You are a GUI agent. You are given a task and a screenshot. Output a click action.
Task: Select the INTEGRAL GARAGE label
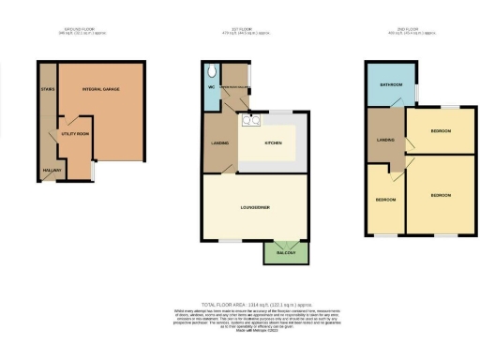click(x=103, y=88)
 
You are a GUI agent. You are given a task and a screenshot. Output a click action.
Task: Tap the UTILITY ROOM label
click(x=74, y=135)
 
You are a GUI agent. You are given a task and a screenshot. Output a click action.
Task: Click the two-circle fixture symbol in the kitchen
click(x=250, y=120)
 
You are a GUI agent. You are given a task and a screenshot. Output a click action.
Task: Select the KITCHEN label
click(x=273, y=142)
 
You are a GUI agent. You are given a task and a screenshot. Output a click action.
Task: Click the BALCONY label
click(x=285, y=252)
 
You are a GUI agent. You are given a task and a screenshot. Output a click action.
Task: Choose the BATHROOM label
click(x=385, y=85)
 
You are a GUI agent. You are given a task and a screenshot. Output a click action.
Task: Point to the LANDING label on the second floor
click(x=383, y=140)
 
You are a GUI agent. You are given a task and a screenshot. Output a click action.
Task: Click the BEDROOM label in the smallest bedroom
click(x=385, y=200)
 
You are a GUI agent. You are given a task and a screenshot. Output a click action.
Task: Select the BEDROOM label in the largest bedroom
click(x=441, y=195)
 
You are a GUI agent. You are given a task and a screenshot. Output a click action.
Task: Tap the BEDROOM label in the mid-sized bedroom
click(x=440, y=131)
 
